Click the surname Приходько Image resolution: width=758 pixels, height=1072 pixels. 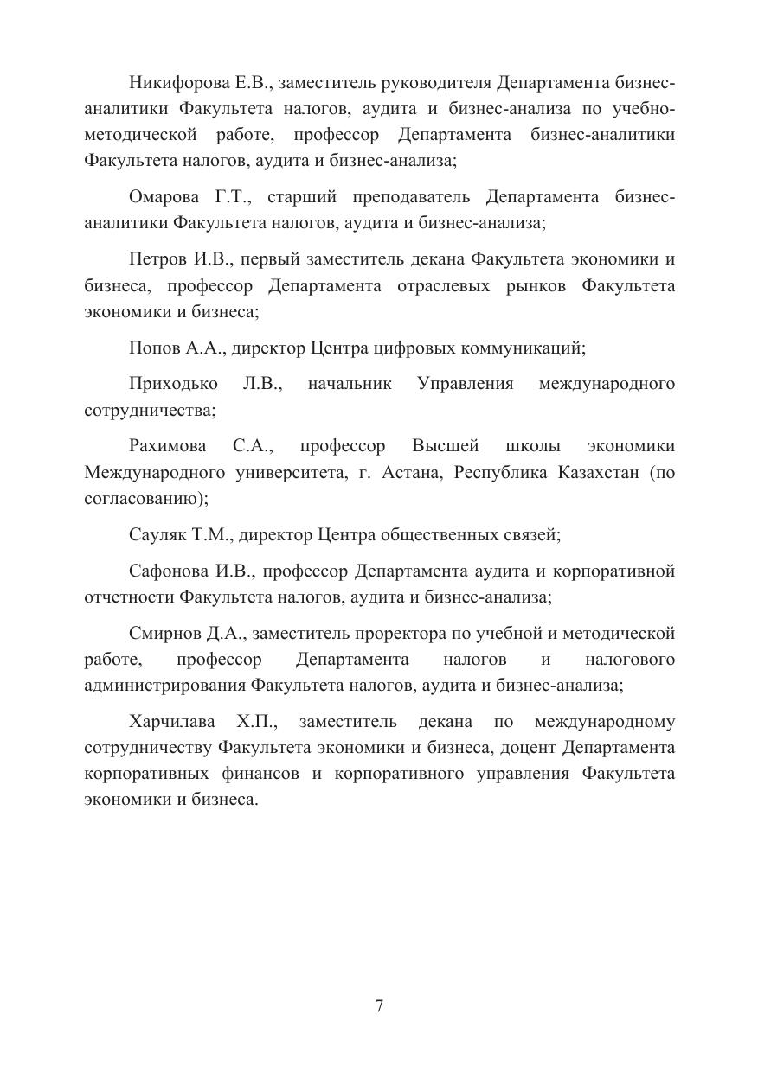(x=173, y=384)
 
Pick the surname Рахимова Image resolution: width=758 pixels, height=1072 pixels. (x=168, y=446)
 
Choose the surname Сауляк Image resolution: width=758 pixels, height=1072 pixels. (x=157, y=535)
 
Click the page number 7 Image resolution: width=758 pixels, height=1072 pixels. (x=379, y=1006)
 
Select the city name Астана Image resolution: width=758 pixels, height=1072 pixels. (x=413, y=473)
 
